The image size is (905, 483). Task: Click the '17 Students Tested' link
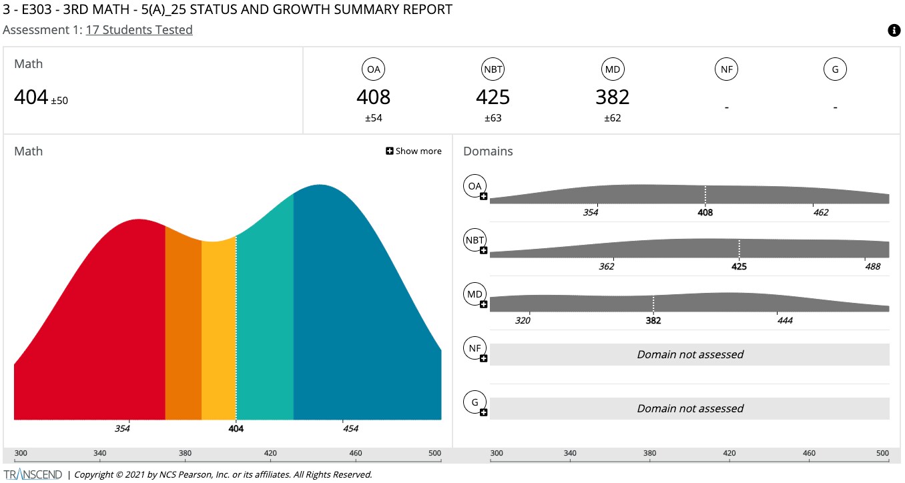139,30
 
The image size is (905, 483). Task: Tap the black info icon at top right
894,30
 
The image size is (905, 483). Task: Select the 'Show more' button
414,151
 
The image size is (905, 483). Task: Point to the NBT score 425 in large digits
493,97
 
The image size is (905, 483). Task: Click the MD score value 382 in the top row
612,97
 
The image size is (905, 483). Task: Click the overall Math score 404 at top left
31,97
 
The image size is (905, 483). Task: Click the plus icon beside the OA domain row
483,197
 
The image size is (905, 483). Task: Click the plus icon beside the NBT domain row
483,251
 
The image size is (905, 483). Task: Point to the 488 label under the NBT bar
872,267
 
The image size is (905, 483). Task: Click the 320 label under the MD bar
523,321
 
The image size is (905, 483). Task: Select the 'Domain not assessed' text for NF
689,355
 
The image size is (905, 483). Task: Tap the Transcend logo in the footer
33,475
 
